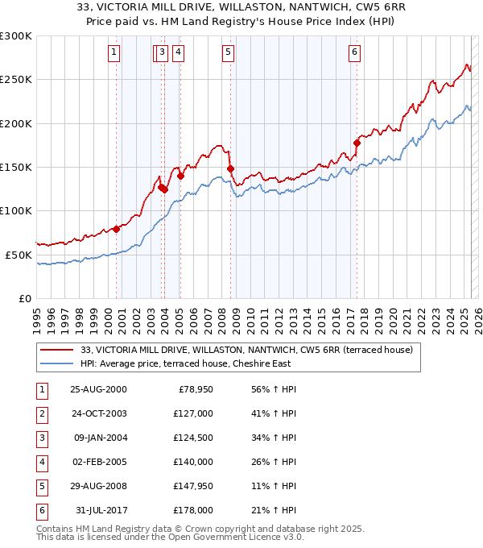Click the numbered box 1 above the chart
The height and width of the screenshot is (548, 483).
(114, 53)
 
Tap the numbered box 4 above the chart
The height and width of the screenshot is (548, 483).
(177, 53)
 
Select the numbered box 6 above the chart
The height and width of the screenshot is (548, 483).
(354, 53)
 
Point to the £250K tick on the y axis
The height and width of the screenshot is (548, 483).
(16, 80)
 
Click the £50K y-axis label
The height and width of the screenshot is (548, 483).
(19, 255)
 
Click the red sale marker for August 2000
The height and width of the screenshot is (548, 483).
(117, 229)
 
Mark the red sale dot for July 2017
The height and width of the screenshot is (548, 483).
(357, 143)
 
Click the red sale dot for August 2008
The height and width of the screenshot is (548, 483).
(231, 169)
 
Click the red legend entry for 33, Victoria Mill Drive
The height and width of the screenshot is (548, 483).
(246, 350)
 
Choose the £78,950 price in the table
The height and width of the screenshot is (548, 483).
(194, 389)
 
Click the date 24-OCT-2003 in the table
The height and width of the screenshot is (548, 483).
(98, 413)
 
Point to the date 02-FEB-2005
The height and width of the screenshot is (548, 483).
(98, 462)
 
